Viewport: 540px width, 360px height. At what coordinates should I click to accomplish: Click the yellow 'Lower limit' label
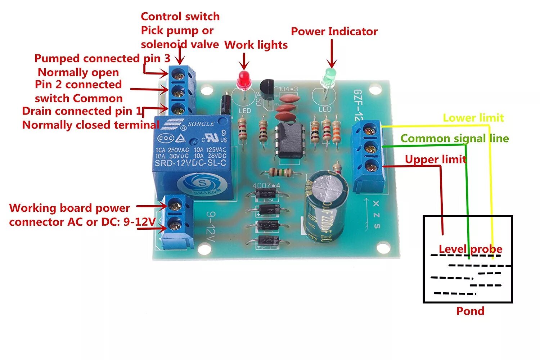473,118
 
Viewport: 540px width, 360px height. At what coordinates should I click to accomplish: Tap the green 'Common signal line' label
455,138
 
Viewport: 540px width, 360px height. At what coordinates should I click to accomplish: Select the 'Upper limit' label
435,159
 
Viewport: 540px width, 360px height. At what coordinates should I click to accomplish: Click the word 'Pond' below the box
470,311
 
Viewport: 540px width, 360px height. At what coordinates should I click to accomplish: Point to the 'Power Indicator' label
334,31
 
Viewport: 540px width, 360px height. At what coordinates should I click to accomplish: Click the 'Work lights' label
256,45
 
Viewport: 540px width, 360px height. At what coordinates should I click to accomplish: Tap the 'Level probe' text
470,249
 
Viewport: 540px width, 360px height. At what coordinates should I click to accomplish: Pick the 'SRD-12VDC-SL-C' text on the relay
190,163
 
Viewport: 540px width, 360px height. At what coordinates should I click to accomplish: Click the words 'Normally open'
78,72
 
